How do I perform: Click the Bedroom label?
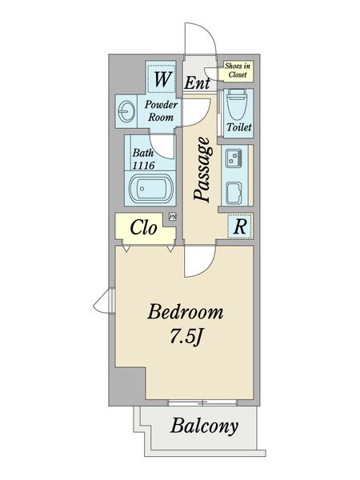tap(186, 312)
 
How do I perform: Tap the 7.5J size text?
tap(185, 337)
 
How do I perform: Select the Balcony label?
tap(204, 426)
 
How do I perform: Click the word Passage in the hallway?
tap(202, 170)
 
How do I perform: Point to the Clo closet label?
tap(143, 227)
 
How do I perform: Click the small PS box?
tap(173, 217)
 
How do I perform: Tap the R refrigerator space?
tap(240, 226)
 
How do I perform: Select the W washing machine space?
tap(162, 78)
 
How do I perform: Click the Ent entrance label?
tap(197, 82)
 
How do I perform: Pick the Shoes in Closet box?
tap(236, 70)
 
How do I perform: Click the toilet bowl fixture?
tap(237, 104)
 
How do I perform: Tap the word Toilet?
tap(239, 126)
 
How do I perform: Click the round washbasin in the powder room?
tap(126, 112)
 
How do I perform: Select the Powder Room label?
tap(161, 111)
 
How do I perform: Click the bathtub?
tap(151, 188)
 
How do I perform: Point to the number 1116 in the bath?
tap(143, 166)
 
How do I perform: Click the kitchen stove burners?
tap(234, 158)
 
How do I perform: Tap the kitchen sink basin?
tap(234, 193)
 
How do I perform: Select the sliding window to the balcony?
tap(203, 402)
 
